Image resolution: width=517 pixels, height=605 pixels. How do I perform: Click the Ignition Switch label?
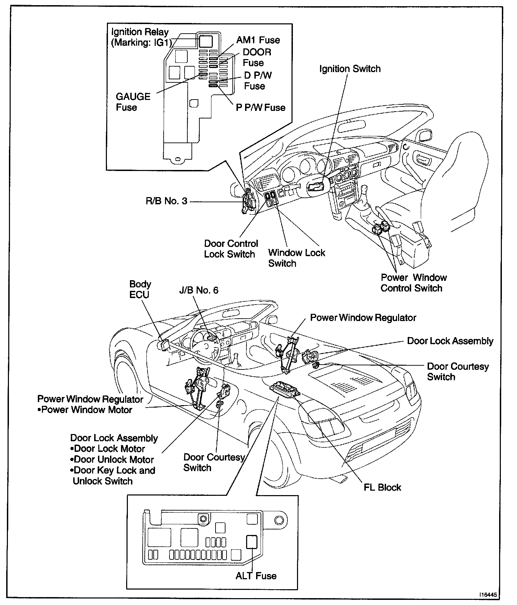coord(350,69)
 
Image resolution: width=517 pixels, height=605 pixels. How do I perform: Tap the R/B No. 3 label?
coord(167,201)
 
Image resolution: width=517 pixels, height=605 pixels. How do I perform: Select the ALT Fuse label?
coord(256,575)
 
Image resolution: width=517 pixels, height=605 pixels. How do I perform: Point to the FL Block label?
coord(382,487)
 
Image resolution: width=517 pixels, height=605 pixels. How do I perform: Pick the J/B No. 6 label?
coord(199,290)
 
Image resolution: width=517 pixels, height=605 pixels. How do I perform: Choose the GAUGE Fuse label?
coord(133,102)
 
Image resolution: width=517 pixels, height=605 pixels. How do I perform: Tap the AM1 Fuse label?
coord(258,40)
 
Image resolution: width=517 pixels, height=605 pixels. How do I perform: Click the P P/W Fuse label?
coord(261,107)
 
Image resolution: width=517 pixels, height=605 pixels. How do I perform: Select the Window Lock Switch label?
coord(296,258)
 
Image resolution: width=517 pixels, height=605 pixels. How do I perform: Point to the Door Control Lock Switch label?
coord(231,249)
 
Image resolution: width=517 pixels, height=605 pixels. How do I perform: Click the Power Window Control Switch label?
coord(414,283)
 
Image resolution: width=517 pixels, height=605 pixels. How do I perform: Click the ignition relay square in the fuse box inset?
coord(206,42)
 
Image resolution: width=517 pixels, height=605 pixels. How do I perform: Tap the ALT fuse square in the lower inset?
coord(252,542)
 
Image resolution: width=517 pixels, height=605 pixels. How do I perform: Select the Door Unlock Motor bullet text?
coord(114,459)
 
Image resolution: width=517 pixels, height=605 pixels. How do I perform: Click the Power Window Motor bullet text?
coord(86,410)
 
